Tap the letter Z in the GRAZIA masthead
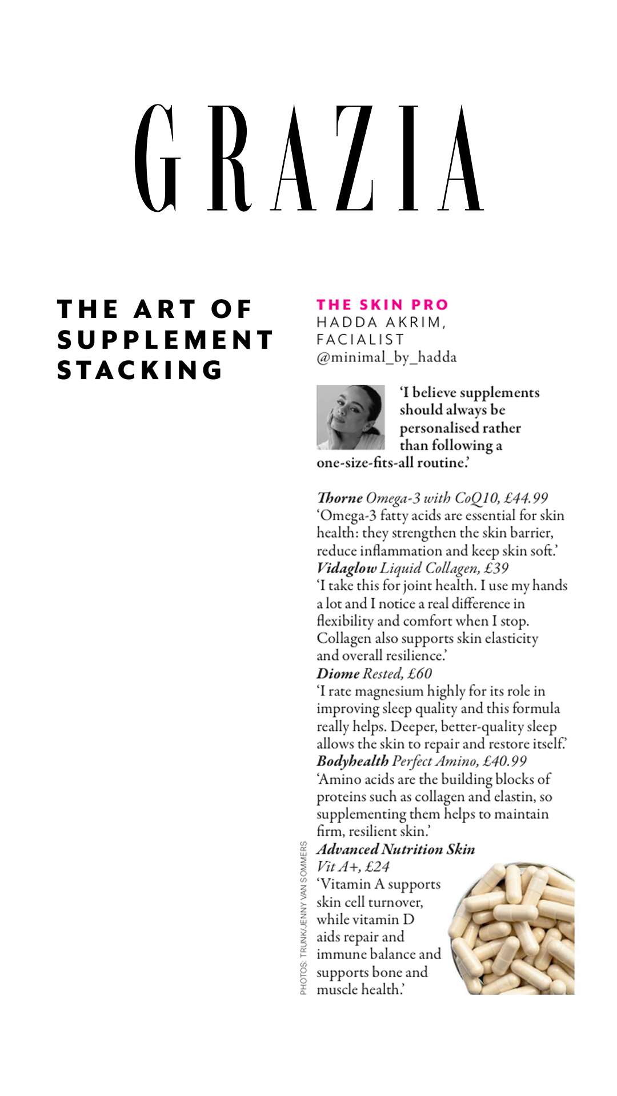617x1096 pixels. (x=354, y=158)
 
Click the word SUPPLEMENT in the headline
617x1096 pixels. (x=165, y=340)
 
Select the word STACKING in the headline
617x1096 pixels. (x=140, y=370)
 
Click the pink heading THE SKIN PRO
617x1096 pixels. (x=382, y=305)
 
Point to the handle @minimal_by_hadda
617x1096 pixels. (x=387, y=357)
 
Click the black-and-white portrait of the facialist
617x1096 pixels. (x=351, y=417)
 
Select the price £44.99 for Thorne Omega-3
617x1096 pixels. (x=526, y=498)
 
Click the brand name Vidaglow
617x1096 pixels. (x=346, y=568)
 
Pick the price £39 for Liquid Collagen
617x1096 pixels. (x=496, y=568)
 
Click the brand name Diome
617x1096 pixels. (x=338, y=674)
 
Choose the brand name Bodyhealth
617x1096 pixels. (x=352, y=761)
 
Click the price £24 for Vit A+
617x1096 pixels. (x=377, y=867)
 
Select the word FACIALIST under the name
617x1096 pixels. (x=360, y=340)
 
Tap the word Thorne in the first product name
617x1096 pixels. (x=339, y=498)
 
